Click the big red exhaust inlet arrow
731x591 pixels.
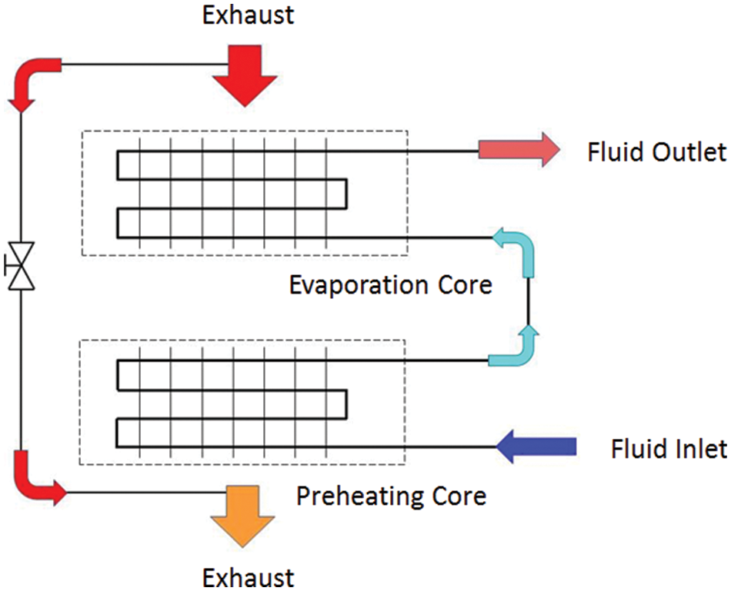point(245,75)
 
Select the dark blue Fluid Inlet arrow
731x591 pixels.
point(536,447)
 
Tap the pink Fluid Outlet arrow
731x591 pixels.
point(519,150)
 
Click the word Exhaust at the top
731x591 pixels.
point(248,15)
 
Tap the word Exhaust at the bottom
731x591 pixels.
point(248,578)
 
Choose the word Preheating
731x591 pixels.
point(360,496)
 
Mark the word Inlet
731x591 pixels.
point(699,449)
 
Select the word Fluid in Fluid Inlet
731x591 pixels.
point(638,449)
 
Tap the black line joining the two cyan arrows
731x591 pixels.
point(528,300)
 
